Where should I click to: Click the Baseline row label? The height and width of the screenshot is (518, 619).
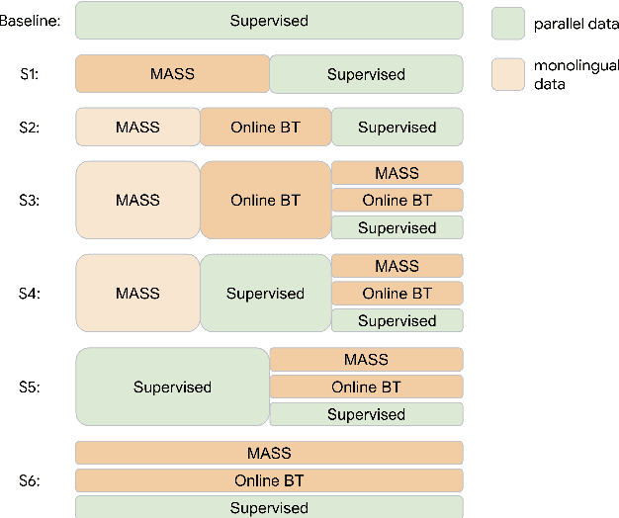coord(30,21)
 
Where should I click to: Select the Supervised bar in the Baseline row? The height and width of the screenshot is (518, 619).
coord(269,21)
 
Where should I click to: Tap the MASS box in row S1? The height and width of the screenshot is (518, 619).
coord(172,74)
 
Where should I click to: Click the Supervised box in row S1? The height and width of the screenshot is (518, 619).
coord(366,74)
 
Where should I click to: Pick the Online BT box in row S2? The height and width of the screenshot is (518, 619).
coord(265,127)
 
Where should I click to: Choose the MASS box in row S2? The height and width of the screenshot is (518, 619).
coord(137,127)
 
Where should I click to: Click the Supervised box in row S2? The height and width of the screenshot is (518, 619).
coord(397,127)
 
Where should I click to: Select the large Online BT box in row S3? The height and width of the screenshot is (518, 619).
coord(265,200)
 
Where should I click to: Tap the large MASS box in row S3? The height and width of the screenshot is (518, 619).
coord(137,200)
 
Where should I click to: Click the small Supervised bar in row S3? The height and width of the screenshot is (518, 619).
coord(397,227)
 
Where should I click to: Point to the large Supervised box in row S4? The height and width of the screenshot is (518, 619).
coord(265,293)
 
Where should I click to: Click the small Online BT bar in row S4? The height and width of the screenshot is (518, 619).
coord(397,293)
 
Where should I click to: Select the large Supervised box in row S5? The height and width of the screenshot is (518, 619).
coord(172,387)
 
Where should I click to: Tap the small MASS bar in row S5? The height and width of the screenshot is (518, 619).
coord(366,360)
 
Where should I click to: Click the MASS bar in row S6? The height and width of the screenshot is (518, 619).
coord(269,453)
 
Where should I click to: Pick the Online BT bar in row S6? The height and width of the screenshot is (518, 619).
coord(269,480)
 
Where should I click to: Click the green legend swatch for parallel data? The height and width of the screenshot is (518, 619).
coord(508,23)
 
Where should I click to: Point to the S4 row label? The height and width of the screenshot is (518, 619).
coord(31,294)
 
